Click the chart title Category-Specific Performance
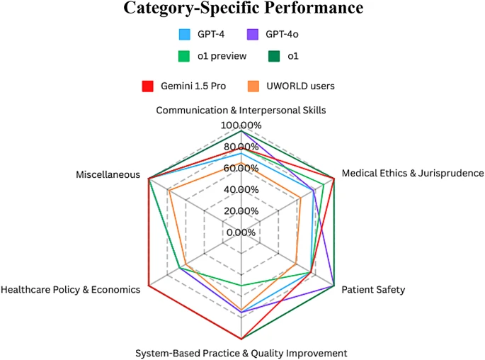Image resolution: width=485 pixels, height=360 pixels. click(x=243, y=9)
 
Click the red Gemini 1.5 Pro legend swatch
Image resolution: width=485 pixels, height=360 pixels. click(x=147, y=86)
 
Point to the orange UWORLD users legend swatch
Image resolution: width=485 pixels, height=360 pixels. click(x=252, y=86)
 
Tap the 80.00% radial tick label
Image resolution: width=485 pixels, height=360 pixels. click(x=241, y=147)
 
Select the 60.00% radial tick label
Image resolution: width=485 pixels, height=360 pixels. click(x=241, y=168)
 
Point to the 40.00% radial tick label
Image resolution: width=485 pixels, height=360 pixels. click(x=241, y=189)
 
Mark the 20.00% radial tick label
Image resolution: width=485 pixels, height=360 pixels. click(x=241, y=210)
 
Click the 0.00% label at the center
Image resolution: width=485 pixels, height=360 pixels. click(x=241, y=232)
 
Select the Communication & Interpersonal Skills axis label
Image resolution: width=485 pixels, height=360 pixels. click(x=241, y=110)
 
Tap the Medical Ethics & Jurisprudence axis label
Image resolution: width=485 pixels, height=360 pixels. click(x=412, y=173)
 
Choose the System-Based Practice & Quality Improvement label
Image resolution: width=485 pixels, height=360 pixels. click(x=241, y=353)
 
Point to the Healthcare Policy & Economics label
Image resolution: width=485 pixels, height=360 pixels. click(x=71, y=289)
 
